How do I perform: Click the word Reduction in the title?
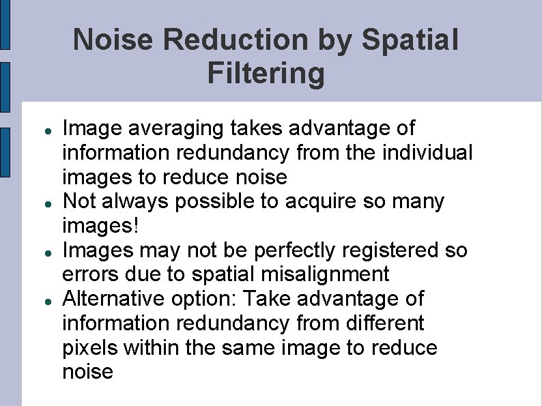236,40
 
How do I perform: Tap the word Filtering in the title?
266,73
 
